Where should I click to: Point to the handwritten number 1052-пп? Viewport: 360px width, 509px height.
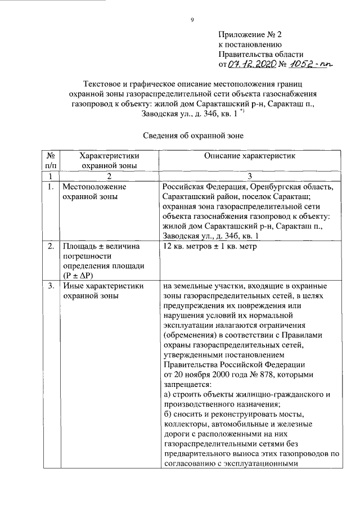pyautogui.click(x=309, y=65)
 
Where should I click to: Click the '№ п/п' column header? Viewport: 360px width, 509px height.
pyautogui.click(x=50, y=161)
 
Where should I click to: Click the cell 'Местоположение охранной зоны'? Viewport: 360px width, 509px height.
pyautogui.click(x=94, y=192)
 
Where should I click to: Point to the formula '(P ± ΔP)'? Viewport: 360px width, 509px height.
pyautogui.click(x=81, y=275)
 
